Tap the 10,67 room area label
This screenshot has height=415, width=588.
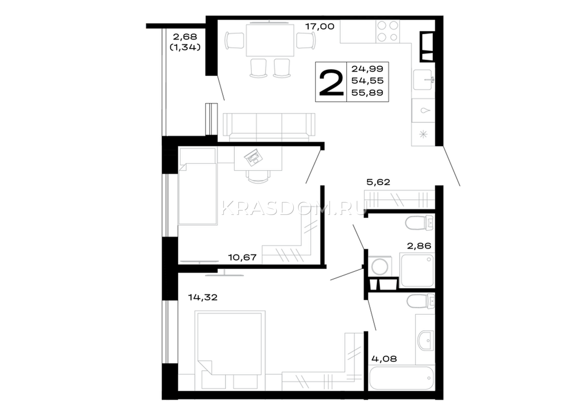click(x=242, y=258)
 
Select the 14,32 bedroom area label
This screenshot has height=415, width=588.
click(x=202, y=297)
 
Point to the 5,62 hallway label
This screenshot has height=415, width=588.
click(x=378, y=182)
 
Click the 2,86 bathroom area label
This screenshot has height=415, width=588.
click(x=419, y=246)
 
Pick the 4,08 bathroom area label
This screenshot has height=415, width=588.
click(x=384, y=358)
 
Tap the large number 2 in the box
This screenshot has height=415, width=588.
click(x=331, y=82)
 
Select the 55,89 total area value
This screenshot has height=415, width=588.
click(x=367, y=92)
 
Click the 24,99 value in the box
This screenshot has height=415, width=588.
click(x=367, y=69)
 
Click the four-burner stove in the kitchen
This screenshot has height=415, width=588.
click(x=388, y=32)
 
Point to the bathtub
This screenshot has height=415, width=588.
click(x=402, y=378)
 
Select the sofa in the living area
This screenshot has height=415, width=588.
click(x=269, y=127)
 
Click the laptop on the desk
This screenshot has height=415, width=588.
click(x=253, y=157)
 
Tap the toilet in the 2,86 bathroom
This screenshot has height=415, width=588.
click(x=419, y=223)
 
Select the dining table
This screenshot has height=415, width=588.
click(x=270, y=40)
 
